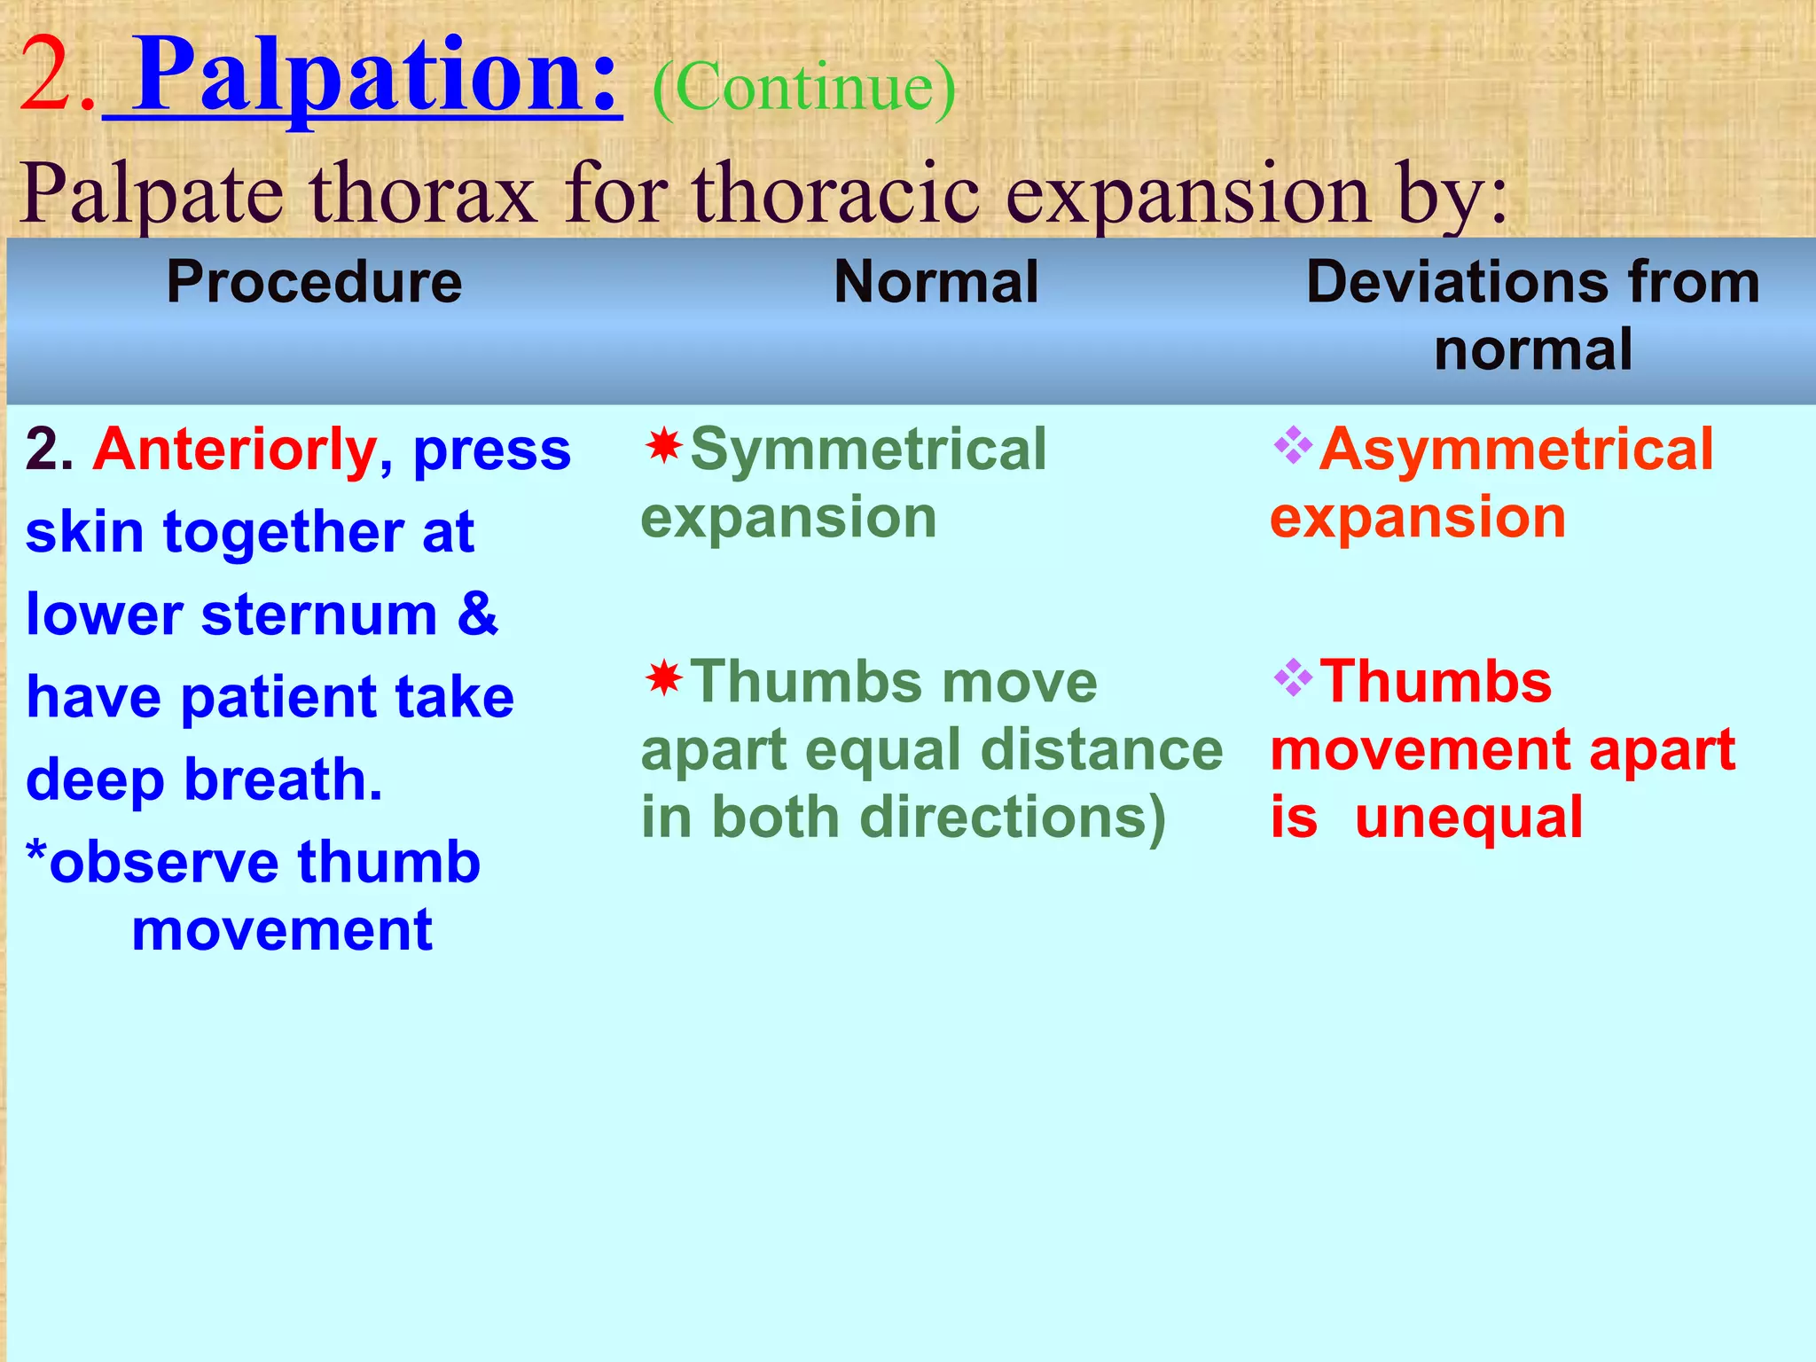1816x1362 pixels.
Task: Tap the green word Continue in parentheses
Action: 803,89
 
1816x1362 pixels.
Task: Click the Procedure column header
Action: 314,282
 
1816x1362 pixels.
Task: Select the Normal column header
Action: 935,282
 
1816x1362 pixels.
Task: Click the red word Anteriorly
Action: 236,450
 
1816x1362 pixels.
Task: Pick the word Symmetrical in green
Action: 868,449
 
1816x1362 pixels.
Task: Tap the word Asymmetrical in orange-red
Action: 1516,449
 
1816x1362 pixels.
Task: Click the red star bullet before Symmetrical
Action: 663,445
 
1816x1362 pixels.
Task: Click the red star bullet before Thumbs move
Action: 663,678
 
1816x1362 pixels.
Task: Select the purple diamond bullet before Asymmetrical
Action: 1292,445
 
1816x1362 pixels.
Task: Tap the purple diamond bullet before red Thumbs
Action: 1292,678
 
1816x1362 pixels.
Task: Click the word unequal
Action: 1468,817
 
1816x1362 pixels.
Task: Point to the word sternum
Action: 319,614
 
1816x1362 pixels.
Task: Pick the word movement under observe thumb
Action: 282,930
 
